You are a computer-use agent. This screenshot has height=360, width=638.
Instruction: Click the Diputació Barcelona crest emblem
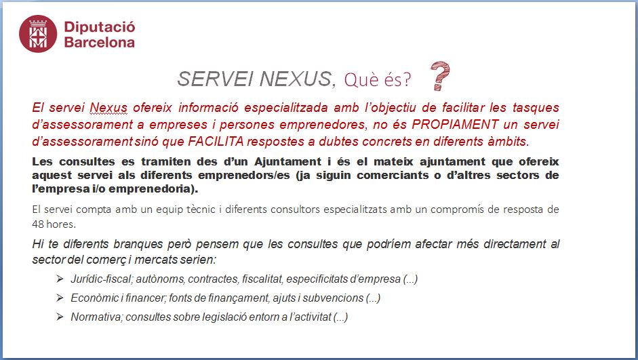click(38, 34)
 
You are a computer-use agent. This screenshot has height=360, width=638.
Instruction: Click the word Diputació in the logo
click(100, 27)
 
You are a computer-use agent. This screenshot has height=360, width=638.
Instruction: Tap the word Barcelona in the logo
click(100, 42)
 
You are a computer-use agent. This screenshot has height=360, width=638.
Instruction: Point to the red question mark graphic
click(440, 76)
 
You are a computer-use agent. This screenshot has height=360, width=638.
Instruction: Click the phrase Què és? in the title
click(378, 79)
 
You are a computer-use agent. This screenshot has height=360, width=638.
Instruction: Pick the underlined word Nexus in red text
click(108, 107)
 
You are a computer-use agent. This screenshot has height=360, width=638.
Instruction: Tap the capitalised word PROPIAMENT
click(456, 124)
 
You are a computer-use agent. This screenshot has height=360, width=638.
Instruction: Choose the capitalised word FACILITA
click(216, 141)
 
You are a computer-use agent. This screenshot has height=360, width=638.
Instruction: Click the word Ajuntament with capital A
click(288, 161)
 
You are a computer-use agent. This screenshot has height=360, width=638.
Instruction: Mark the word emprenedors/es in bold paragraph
click(244, 176)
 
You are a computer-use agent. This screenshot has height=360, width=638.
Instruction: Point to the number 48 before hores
click(38, 224)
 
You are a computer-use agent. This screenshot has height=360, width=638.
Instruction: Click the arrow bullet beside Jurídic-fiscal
click(60, 279)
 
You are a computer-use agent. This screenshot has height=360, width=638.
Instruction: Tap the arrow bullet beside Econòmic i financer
click(60, 298)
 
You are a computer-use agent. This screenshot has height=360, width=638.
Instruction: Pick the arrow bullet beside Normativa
click(60, 317)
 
